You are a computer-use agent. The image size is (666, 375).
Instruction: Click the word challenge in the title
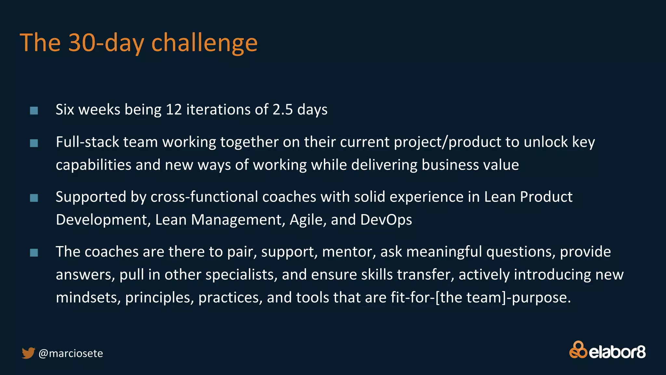(x=204, y=43)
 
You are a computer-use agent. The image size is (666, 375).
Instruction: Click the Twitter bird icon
(x=28, y=353)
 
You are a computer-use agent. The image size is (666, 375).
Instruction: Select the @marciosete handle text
(x=71, y=354)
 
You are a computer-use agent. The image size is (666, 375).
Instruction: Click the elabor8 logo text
(x=617, y=353)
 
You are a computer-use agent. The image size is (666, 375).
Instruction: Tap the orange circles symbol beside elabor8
(x=578, y=350)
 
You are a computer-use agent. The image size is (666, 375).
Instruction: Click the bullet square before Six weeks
(x=34, y=111)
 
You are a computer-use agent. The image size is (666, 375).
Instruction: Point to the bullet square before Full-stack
(x=34, y=143)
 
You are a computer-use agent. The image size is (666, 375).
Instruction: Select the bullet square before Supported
(x=34, y=198)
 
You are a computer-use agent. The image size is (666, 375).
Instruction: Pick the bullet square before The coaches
(x=34, y=253)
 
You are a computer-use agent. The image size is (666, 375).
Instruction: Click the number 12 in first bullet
(x=174, y=110)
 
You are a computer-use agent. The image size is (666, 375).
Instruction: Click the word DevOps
(x=386, y=220)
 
